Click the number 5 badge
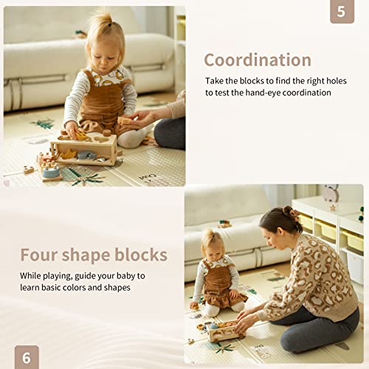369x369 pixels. tap(341, 11)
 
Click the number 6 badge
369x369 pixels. tap(27, 357)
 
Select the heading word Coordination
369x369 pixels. tap(257, 60)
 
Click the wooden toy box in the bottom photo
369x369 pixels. tap(221, 330)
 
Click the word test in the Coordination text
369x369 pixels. tap(216, 93)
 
